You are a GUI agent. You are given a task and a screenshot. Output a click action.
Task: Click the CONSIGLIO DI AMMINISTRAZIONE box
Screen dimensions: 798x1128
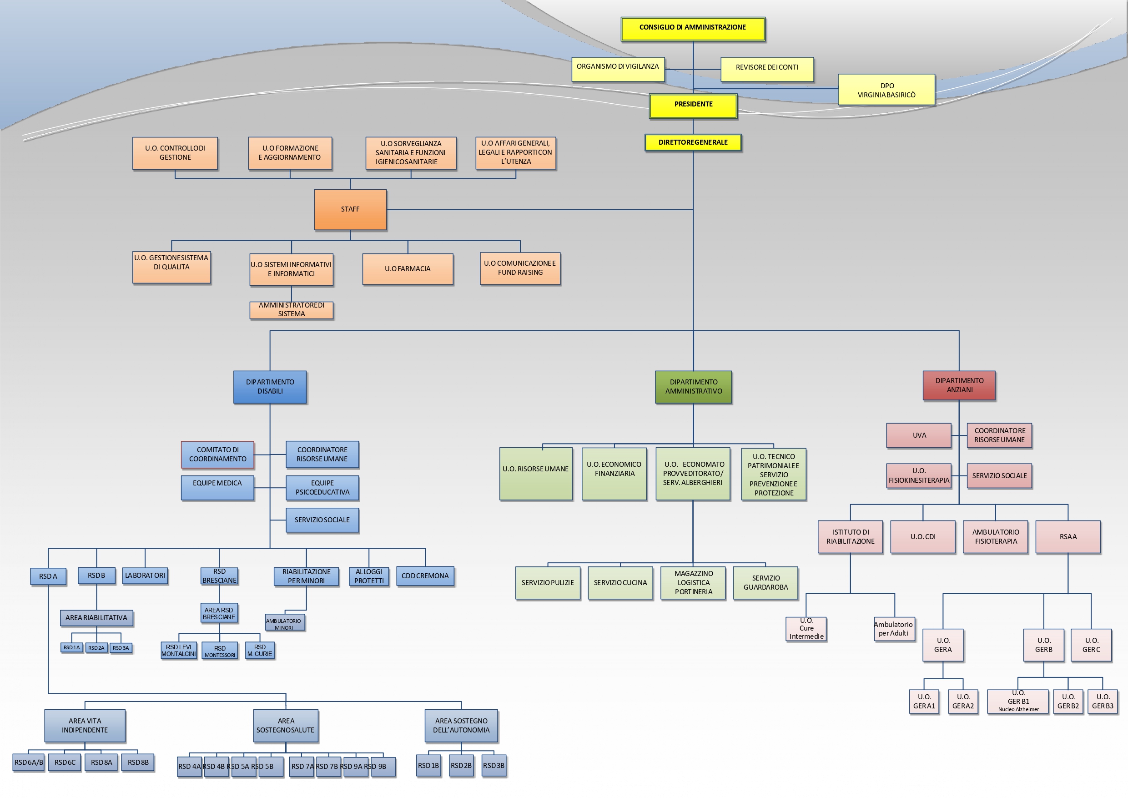pos(693,29)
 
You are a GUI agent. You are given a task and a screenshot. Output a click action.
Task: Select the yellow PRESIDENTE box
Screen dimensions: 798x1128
pos(693,105)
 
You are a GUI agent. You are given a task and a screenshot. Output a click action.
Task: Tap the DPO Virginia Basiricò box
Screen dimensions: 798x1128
pos(886,90)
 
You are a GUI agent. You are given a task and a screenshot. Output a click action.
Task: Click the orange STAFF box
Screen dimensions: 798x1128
pos(350,209)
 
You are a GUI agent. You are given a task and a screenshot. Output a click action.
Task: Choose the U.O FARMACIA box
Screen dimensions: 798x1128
pos(408,269)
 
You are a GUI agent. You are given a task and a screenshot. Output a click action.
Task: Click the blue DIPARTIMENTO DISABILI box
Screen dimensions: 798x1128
pos(270,387)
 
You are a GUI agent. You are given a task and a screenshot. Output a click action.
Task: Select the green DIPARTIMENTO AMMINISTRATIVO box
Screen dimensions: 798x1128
pos(693,387)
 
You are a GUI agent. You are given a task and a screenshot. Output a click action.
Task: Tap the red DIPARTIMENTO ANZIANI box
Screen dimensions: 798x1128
pos(959,385)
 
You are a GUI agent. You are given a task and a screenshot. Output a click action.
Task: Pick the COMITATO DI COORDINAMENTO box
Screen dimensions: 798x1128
pos(218,455)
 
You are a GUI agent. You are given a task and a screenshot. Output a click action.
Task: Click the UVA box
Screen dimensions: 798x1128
pos(919,435)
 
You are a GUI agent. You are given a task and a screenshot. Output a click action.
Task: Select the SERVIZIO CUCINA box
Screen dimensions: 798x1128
pos(620,583)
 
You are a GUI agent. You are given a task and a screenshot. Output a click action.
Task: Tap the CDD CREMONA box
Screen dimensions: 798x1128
pos(425,576)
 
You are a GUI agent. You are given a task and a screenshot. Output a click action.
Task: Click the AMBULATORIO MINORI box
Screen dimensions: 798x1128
pos(284,622)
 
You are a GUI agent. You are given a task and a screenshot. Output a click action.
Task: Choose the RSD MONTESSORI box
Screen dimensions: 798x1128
pos(220,651)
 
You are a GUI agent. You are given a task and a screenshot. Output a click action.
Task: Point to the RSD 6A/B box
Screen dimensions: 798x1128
pos(29,763)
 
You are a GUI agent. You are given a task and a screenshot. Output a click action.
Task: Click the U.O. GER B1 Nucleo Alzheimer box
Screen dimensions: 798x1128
pos(1018,702)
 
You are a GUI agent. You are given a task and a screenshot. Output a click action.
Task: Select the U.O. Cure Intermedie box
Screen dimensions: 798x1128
pos(806,629)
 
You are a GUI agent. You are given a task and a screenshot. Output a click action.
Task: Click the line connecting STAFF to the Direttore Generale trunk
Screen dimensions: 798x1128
pos(540,210)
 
